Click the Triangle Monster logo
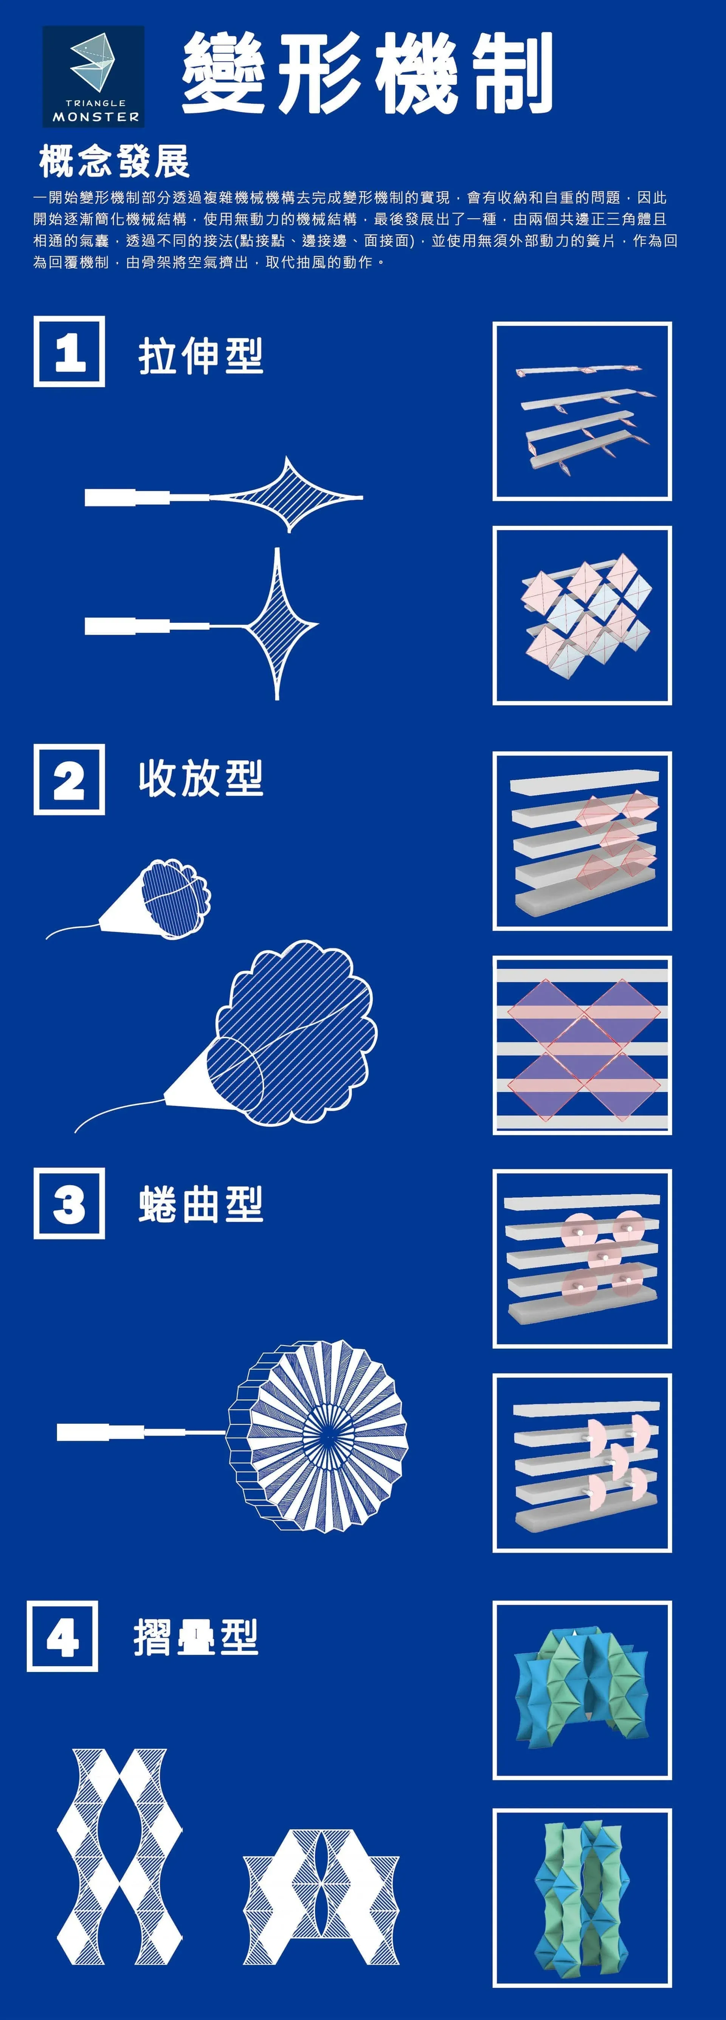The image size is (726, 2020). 93,76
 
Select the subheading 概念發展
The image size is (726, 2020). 115,161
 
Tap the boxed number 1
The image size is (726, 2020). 69,351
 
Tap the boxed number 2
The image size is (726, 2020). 69,780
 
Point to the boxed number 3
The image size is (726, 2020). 69,1204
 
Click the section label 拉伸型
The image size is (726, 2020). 201,356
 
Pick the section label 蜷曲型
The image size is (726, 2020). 201,1204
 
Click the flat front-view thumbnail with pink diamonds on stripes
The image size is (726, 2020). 582,1045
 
